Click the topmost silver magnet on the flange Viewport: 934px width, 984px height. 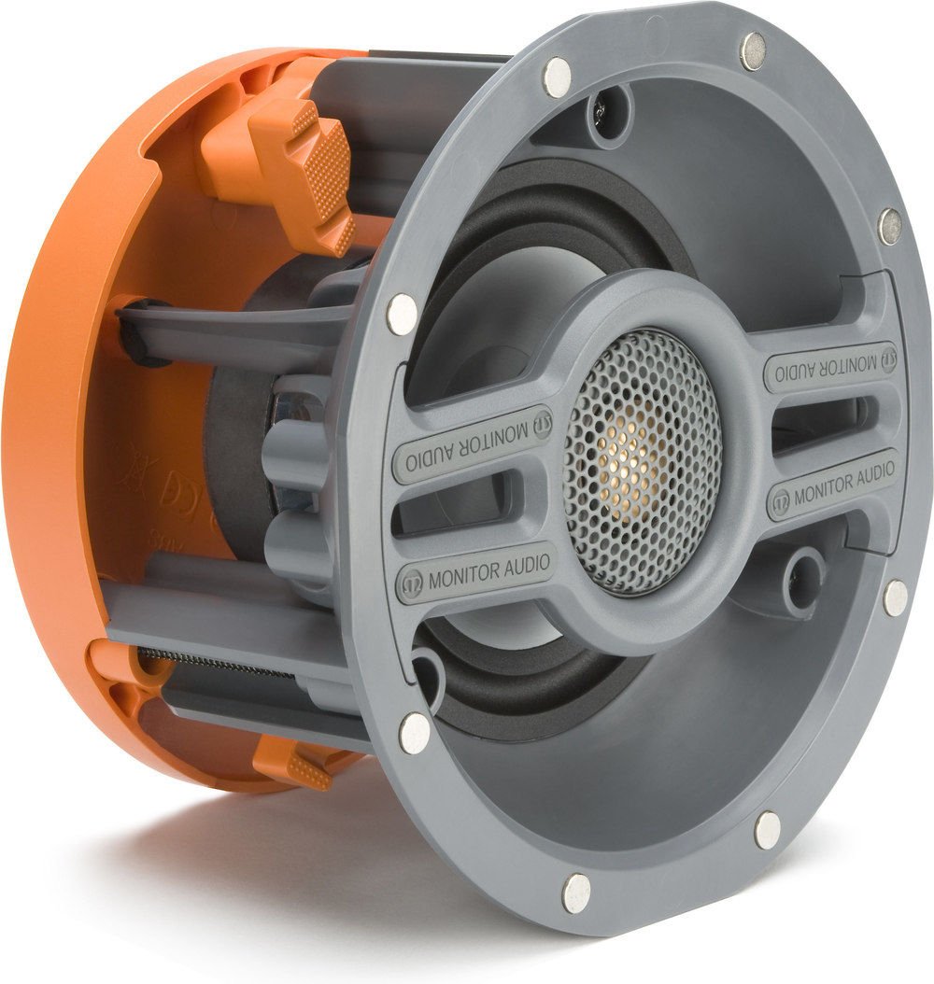pyautogui.click(x=753, y=50)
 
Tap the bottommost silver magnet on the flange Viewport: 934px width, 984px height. pyautogui.click(x=576, y=893)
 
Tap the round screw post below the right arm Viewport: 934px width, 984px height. pyautogui.click(x=799, y=569)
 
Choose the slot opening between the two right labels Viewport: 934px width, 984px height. pyautogui.click(x=822, y=422)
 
